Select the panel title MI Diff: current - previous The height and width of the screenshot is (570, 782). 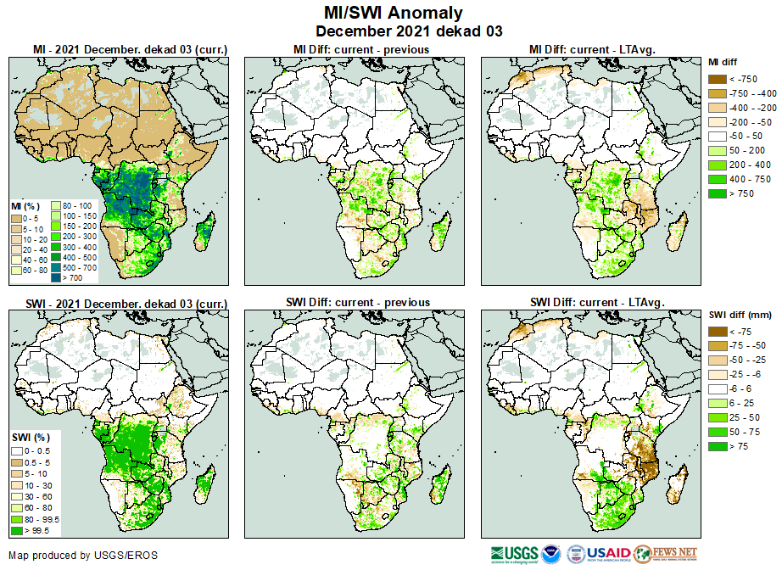pos(360,49)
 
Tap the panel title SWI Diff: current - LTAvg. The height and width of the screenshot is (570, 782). pos(595,302)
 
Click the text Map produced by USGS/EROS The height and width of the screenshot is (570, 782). pos(83,556)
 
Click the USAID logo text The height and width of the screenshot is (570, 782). pos(608,555)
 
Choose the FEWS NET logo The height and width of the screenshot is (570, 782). pos(665,555)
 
